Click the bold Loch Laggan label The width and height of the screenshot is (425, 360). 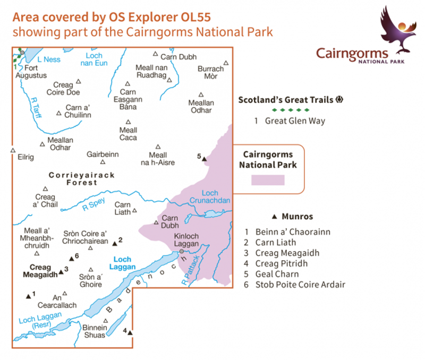click(122, 263)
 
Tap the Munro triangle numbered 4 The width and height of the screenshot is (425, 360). click(129, 332)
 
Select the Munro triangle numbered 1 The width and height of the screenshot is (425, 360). click(28, 296)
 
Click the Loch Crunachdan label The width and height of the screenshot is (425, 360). click(216, 197)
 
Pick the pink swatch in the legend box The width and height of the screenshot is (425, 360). click(268, 179)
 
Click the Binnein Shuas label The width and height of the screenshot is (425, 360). click(95, 331)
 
